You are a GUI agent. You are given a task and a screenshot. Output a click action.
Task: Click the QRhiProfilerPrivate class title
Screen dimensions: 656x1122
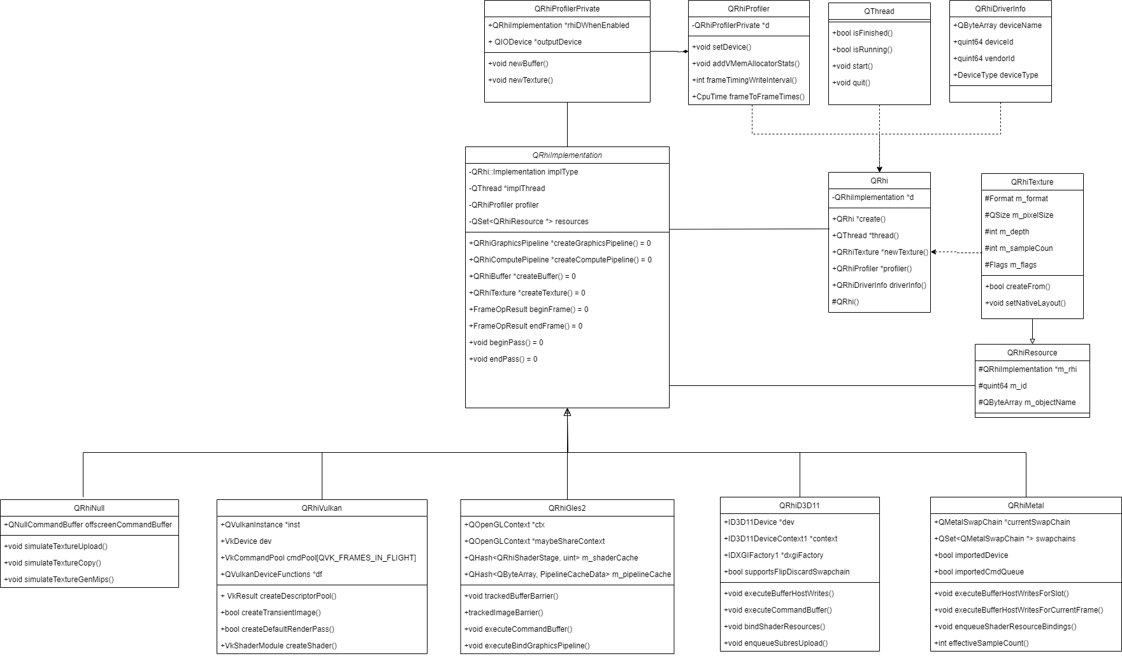click(567, 9)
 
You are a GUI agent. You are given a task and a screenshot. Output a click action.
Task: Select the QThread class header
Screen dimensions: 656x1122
click(879, 11)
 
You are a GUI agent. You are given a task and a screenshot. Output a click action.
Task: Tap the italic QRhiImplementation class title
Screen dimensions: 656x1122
click(567, 155)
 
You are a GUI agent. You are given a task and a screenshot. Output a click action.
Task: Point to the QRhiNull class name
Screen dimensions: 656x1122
click(89, 508)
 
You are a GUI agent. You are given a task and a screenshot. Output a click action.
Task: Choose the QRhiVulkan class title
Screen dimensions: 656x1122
click(322, 508)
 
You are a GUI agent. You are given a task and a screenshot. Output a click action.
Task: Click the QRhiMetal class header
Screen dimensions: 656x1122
click(1026, 506)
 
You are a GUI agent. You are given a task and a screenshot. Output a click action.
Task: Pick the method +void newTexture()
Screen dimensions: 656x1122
click(521, 80)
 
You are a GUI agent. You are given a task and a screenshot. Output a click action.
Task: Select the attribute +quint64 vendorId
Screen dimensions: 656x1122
click(984, 59)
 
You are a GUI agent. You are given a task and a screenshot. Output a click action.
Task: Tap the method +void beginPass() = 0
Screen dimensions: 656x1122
click(507, 343)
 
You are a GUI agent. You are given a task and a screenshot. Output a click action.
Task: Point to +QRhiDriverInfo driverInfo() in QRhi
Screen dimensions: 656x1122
click(879, 285)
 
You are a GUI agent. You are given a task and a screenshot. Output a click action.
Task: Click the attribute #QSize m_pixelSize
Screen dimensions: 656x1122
click(1019, 215)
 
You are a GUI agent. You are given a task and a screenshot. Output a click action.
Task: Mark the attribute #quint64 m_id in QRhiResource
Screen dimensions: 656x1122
click(1002, 386)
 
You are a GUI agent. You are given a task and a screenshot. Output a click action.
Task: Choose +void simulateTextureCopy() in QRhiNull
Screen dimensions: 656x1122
click(53, 563)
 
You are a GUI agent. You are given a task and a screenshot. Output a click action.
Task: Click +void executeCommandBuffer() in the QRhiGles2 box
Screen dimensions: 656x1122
click(518, 629)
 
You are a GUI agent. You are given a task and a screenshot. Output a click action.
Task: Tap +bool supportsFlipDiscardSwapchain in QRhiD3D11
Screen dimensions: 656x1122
click(787, 572)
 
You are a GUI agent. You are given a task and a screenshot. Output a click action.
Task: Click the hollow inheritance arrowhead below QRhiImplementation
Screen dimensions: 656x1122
click(567, 413)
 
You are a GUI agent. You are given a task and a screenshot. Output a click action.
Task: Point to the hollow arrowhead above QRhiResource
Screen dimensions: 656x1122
click(1032, 340)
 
